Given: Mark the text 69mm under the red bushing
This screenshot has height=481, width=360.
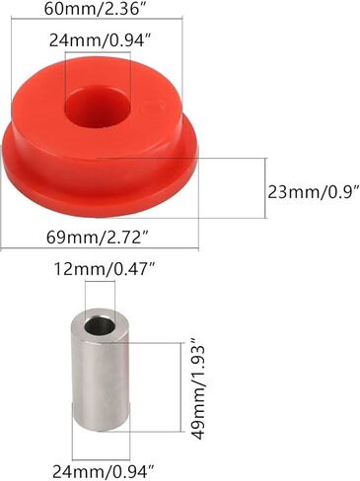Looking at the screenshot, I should pyautogui.click(x=67, y=238).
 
